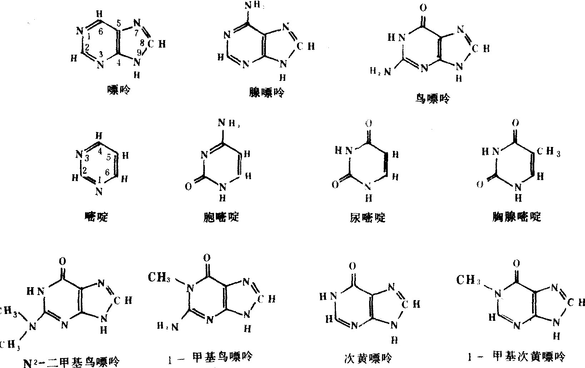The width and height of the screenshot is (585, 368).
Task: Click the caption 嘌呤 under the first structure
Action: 119,90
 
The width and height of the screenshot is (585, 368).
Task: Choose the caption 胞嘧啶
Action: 220,217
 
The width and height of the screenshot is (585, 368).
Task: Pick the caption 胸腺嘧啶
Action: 516,216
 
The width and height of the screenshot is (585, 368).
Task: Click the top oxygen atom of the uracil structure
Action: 369,124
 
